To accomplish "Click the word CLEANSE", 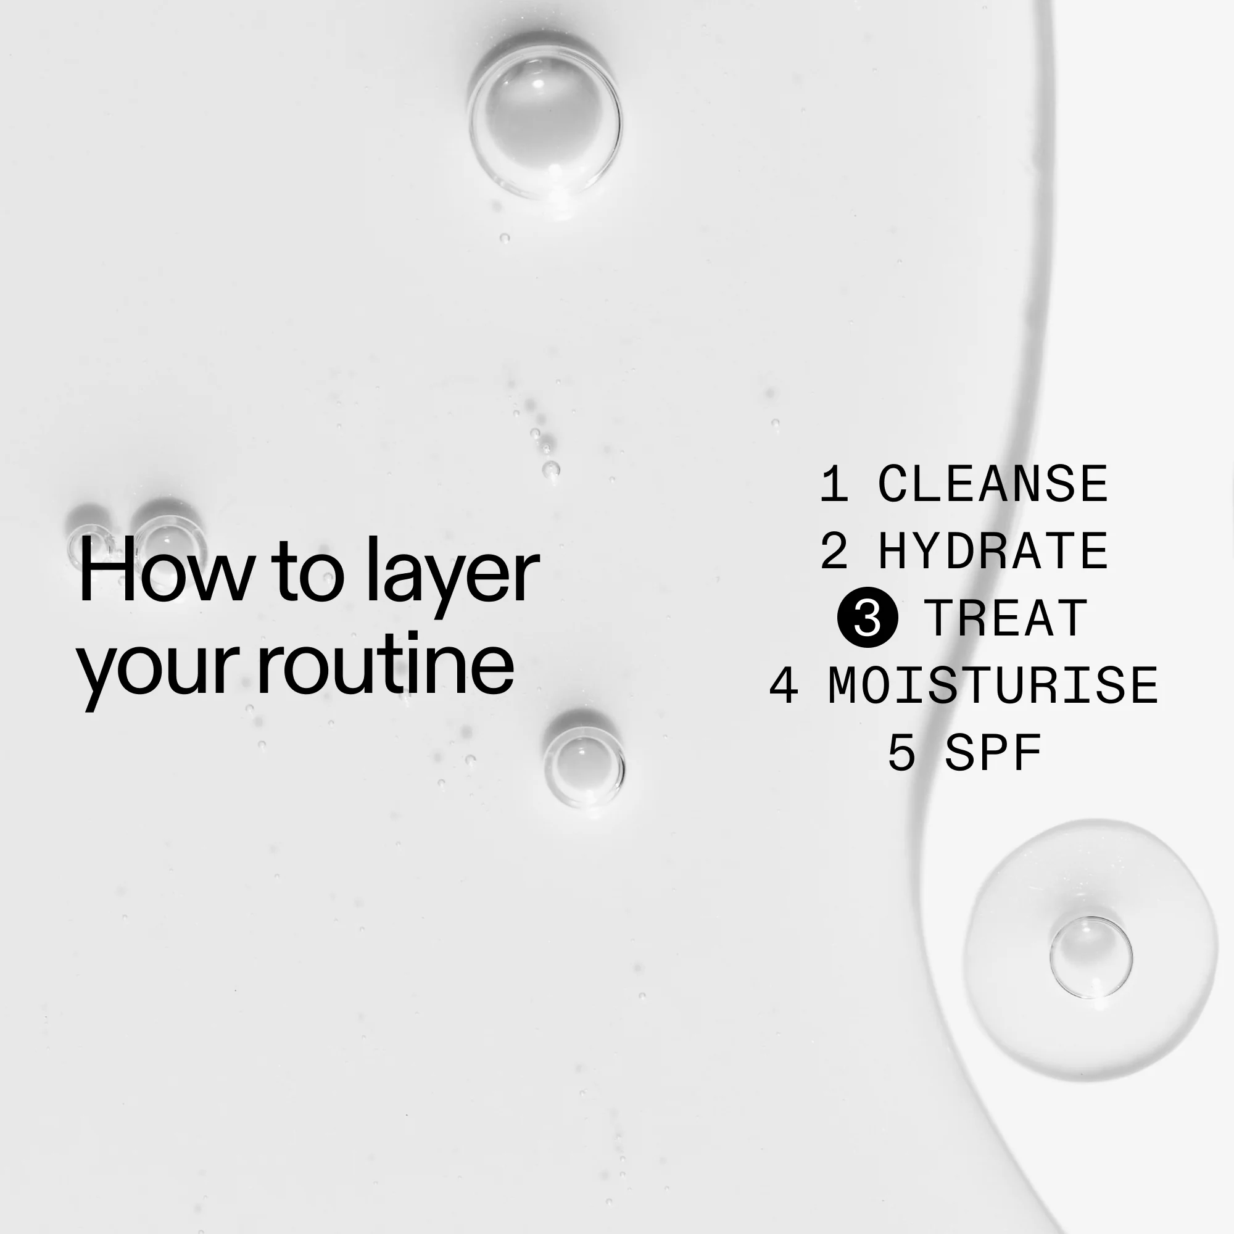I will tap(993, 484).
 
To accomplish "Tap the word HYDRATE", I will tap(993, 551).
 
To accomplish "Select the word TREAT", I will tap(1005, 618).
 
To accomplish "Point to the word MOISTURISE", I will tap(993, 685).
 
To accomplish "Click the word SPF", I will tap(993, 753).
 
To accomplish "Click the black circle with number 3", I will tap(868, 618).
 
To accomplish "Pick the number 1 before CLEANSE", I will tap(834, 484).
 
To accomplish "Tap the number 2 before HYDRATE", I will tap(834, 551).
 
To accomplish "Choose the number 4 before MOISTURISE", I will tap(784, 685).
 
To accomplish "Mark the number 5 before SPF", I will tap(901, 753).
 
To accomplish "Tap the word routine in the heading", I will tap(385, 665).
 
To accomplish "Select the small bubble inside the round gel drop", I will tap(1091, 958).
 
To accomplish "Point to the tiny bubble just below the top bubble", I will tap(505, 238).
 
